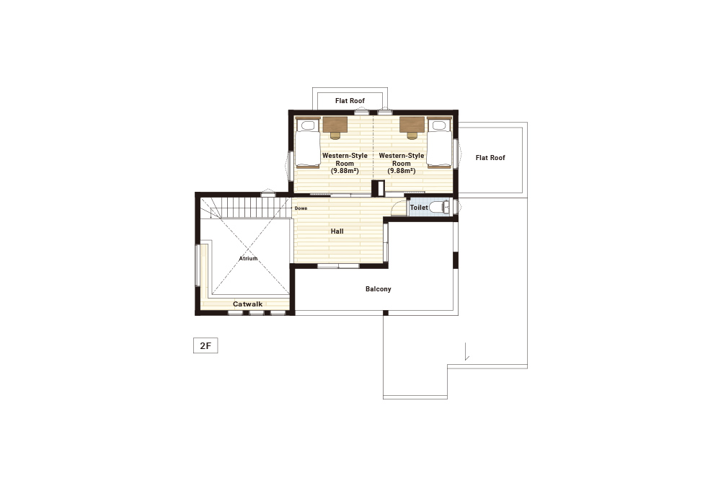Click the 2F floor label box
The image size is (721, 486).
(x=205, y=345)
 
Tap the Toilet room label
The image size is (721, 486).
(x=419, y=208)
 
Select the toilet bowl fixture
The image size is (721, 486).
(x=440, y=208)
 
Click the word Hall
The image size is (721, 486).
(x=337, y=231)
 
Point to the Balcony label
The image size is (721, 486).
(x=379, y=288)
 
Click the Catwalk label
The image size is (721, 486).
(x=247, y=304)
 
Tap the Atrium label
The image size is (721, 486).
(x=248, y=258)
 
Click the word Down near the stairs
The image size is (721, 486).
(x=301, y=208)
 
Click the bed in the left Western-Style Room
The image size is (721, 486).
(x=308, y=143)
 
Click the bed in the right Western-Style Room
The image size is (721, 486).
(x=440, y=143)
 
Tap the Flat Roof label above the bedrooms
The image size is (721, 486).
(x=350, y=101)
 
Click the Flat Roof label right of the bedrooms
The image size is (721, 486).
(x=490, y=158)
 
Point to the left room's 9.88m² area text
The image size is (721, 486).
(x=345, y=171)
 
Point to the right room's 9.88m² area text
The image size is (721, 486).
(x=402, y=171)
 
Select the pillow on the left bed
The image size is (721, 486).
(x=308, y=125)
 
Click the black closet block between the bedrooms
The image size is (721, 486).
(x=378, y=188)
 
